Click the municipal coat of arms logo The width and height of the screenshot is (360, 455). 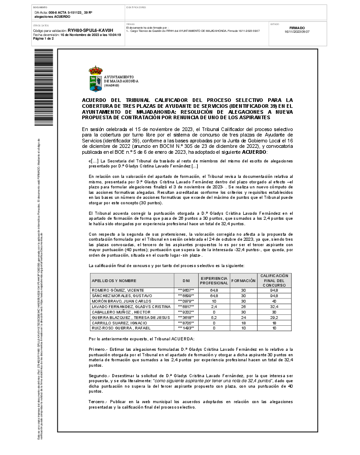point(95,79)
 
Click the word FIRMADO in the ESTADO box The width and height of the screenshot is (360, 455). point(297,28)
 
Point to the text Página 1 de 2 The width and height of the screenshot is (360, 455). point(44,39)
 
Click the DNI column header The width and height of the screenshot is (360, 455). point(186,280)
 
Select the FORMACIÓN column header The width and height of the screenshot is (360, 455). point(243,280)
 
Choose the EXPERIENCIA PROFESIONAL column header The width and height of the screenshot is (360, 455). point(214,280)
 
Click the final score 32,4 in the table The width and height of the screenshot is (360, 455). point(274,307)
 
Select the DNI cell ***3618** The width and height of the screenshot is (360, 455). point(186,317)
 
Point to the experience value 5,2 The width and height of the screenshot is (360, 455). point(214,317)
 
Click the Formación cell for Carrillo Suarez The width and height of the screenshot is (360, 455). point(243,323)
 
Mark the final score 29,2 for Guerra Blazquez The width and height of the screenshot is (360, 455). point(274,317)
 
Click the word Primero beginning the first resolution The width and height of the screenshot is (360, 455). point(97,349)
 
